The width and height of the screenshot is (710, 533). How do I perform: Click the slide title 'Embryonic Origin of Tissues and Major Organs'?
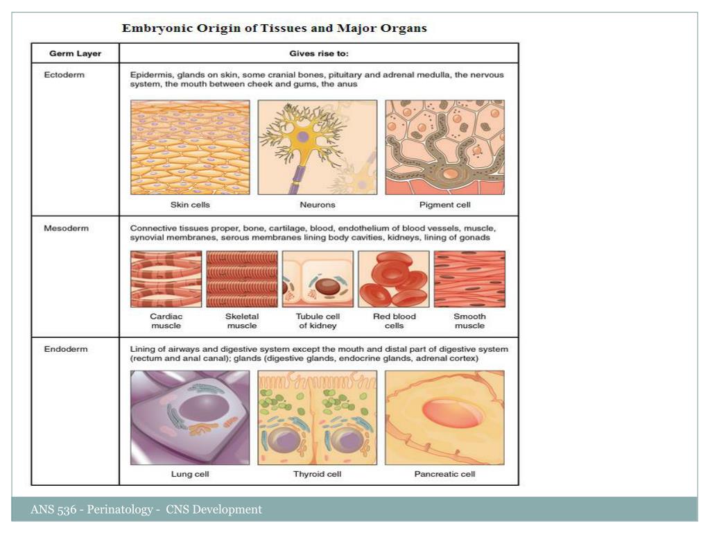click(x=275, y=28)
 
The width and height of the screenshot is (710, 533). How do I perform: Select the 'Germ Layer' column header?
click(x=75, y=53)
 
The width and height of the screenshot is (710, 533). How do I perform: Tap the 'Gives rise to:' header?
click(x=318, y=53)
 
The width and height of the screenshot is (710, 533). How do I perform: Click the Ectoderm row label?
click(x=64, y=75)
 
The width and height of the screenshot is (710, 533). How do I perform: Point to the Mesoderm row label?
click(x=67, y=228)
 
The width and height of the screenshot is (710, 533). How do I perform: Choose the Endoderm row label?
click(x=66, y=349)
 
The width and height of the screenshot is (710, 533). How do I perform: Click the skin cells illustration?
click(x=190, y=147)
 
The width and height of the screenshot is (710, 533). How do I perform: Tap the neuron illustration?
click(x=318, y=147)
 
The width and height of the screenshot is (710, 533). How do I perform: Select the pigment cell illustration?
click(x=444, y=147)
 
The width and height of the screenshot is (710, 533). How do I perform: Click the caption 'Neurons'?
click(x=318, y=205)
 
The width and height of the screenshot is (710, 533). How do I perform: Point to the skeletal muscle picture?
click(x=242, y=279)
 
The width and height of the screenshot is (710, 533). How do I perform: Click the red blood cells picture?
click(x=392, y=279)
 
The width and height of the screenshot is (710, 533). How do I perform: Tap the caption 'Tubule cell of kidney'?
click(x=318, y=321)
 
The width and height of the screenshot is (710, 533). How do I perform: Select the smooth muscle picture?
click(x=469, y=279)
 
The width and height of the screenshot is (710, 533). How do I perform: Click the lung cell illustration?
click(x=190, y=417)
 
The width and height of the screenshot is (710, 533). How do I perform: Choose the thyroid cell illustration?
click(x=318, y=417)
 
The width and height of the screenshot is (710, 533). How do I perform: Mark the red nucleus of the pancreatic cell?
click(x=444, y=412)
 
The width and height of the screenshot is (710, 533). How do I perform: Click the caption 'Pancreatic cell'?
click(x=444, y=475)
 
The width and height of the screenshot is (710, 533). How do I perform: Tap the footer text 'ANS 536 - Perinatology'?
click(x=92, y=510)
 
